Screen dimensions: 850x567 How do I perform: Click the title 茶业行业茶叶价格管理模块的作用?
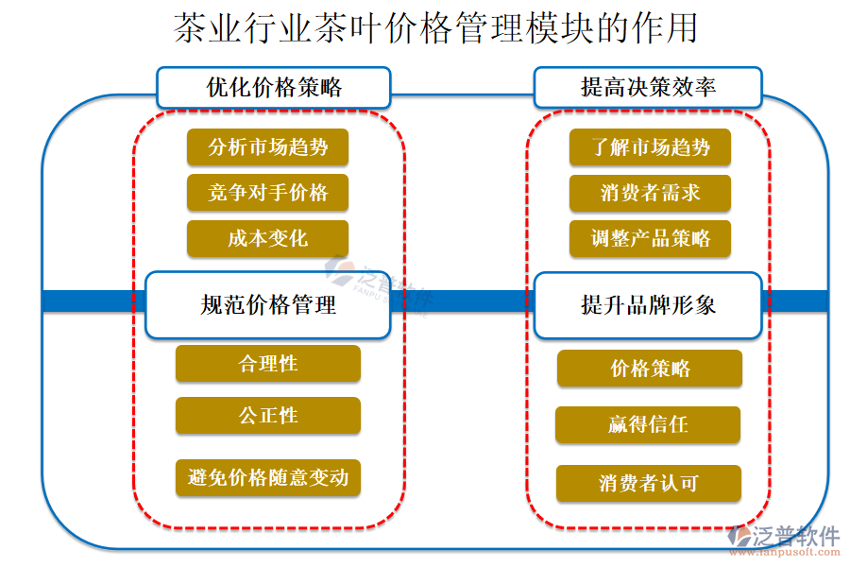tap(435, 28)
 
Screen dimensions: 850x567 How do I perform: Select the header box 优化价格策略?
tap(274, 87)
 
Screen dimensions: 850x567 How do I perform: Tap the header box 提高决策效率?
tap(648, 87)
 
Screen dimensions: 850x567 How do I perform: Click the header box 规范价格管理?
tap(268, 305)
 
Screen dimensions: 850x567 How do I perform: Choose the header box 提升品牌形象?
tap(648, 305)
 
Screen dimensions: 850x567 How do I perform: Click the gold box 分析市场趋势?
tap(268, 147)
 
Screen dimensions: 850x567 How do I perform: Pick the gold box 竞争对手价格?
tap(268, 193)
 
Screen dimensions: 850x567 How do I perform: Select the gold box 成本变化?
tap(268, 238)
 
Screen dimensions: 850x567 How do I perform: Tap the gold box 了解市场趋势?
tap(650, 147)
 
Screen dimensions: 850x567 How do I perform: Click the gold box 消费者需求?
tap(650, 193)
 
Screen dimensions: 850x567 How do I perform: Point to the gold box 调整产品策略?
tap(650, 238)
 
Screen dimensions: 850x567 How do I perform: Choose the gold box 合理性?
tap(268, 364)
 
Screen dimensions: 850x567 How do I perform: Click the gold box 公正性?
tap(268, 416)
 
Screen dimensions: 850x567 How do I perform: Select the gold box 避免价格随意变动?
tap(268, 477)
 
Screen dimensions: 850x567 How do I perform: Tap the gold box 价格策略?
tap(650, 369)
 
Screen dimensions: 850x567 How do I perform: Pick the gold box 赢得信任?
tap(648, 425)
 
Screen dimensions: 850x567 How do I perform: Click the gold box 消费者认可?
tap(648, 483)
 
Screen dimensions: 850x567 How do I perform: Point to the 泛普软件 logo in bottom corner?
tap(784, 536)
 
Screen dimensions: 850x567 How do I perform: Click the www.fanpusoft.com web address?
tap(785, 552)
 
